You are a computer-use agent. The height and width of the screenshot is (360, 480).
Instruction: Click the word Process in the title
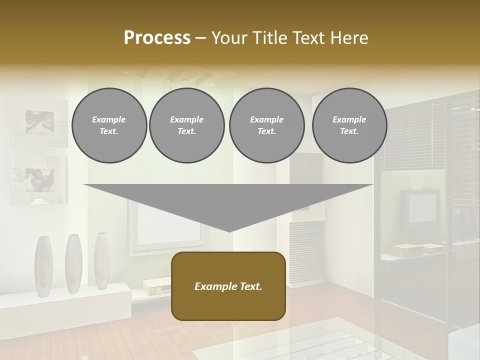[x=157, y=38]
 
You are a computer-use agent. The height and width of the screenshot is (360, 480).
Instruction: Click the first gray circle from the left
[x=109, y=125]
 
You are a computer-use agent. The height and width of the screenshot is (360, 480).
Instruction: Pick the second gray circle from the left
[x=186, y=125]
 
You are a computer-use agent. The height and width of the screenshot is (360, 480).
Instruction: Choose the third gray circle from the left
[x=266, y=125]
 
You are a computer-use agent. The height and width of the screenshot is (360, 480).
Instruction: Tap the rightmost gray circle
[x=349, y=125]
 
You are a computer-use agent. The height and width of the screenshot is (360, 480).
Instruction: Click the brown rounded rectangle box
[x=228, y=286]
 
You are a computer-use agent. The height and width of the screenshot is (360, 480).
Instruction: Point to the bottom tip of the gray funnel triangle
[x=228, y=230]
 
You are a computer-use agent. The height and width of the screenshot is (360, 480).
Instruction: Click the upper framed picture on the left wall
[x=39, y=122]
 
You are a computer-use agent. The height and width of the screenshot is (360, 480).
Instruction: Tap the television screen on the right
[x=422, y=206]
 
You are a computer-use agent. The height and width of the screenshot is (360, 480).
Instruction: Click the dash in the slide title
[x=201, y=38]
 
